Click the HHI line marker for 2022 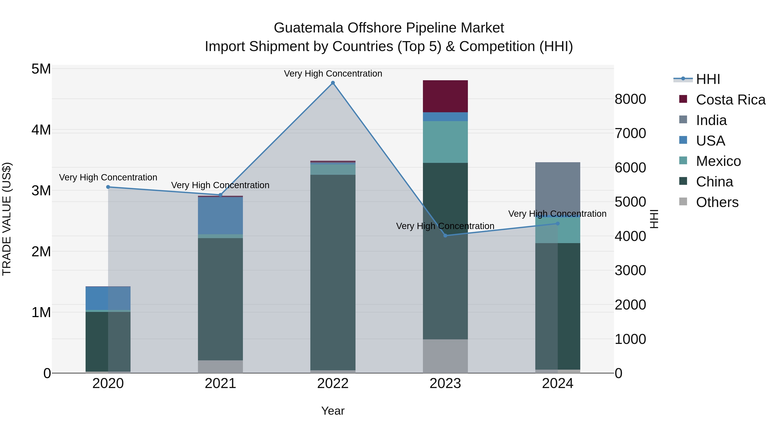click(x=333, y=83)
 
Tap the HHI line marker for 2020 click(x=108, y=187)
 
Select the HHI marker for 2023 click(x=445, y=236)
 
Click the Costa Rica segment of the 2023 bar click(x=445, y=96)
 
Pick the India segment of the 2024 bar click(x=558, y=187)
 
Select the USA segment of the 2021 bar click(x=220, y=215)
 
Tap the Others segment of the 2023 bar click(x=445, y=356)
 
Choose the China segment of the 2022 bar click(x=333, y=272)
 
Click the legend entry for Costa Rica click(x=730, y=100)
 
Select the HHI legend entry click(x=708, y=79)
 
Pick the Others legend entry click(x=717, y=202)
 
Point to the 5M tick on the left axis click(x=41, y=69)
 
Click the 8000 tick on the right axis click(x=630, y=99)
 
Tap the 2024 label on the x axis click(x=558, y=383)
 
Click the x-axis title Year click(x=333, y=411)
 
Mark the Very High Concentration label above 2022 click(x=333, y=74)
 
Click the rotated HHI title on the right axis click(x=654, y=219)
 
